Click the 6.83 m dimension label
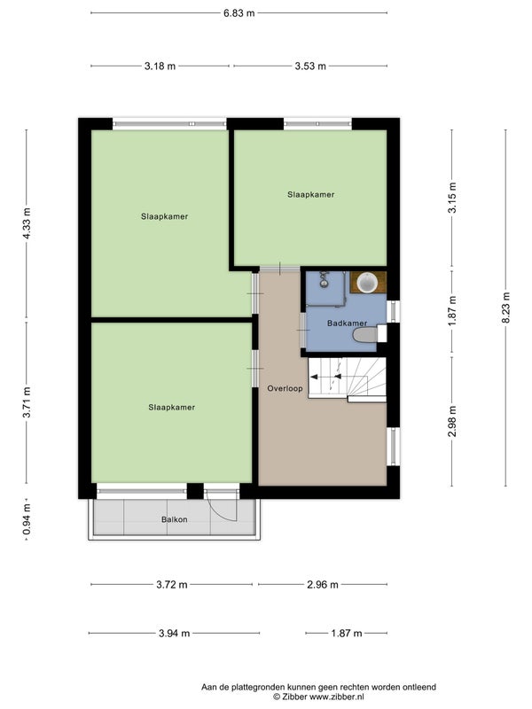click(x=239, y=13)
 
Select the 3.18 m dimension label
click(x=160, y=66)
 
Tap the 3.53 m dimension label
click(x=310, y=66)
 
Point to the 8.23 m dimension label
click(x=505, y=308)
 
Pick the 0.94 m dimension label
click(x=27, y=519)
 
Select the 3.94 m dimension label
click(x=174, y=634)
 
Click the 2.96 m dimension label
click(x=323, y=585)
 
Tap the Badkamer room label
click(x=347, y=323)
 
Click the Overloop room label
click(x=285, y=388)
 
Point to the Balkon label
click(x=174, y=519)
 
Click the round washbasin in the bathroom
click(x=367, y=283)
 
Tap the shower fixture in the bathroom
click(x=324, y=279)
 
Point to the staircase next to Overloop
click(x=347, y=379)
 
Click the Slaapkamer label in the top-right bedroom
click(x=311, y=195)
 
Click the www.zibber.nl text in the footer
click(x=338, y=697)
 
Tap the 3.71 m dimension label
click(x=27, y=402)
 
